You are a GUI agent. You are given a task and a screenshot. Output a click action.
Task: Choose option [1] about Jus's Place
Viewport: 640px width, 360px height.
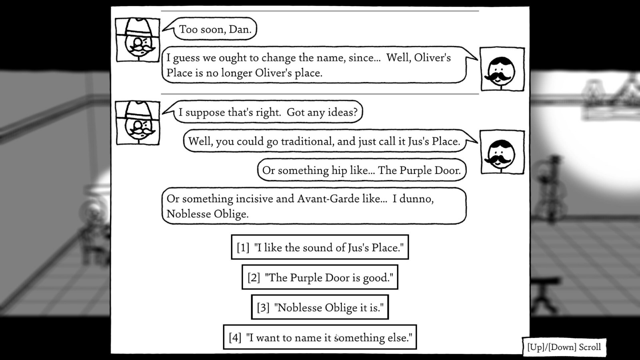pyautogui.click(x=320, y=247)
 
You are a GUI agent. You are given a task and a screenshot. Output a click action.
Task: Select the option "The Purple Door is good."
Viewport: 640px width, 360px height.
pyautogui.click(x=320, y=277)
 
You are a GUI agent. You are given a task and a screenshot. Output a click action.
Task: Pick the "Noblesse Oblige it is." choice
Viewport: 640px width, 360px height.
pyautogui.click(x=320, y=307)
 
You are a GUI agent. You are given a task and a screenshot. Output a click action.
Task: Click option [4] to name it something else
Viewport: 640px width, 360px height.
pyautogui.click(x=320, y=337)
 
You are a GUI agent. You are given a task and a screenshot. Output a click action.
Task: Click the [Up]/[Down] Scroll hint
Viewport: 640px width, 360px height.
pyautogui.click(x=564, y=347)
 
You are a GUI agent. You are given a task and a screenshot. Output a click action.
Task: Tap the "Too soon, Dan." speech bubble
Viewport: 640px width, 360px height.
pyautogui.click(x=215, y=29)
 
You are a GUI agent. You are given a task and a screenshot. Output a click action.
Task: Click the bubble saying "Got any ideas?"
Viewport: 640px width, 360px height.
pyautogui.click(x=268, y=112)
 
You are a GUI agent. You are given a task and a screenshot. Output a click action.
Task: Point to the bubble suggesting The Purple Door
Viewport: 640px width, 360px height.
pyautogui.click(x=361, y=170)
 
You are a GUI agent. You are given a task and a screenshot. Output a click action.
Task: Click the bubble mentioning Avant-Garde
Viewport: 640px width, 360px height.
pyautogui.click(x=314, y=206)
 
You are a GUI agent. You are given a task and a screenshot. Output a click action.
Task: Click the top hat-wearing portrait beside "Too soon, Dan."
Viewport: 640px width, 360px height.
pyautogui.click(x=138, y=40)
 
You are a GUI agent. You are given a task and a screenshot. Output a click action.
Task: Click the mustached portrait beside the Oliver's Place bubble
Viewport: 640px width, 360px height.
pyautogui.click(x=502, y=69)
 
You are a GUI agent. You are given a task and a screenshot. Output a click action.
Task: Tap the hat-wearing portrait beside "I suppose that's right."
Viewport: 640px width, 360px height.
pyautogui.click(x=138, y=123)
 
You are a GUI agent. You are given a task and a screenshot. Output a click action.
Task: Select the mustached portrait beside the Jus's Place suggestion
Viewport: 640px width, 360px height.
pyautogui.click(x=502, y=152)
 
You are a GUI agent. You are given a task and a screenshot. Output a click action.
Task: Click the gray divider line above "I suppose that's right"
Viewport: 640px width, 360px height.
pyautogui.click(x=320, y=94)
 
